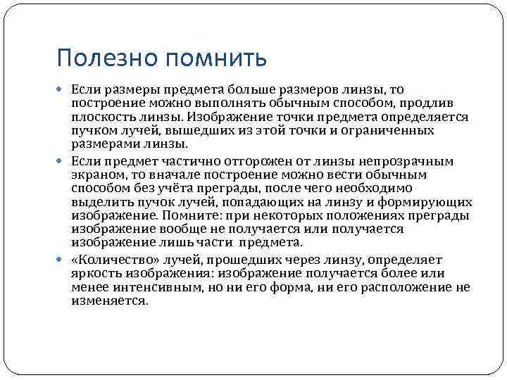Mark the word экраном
96,174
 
